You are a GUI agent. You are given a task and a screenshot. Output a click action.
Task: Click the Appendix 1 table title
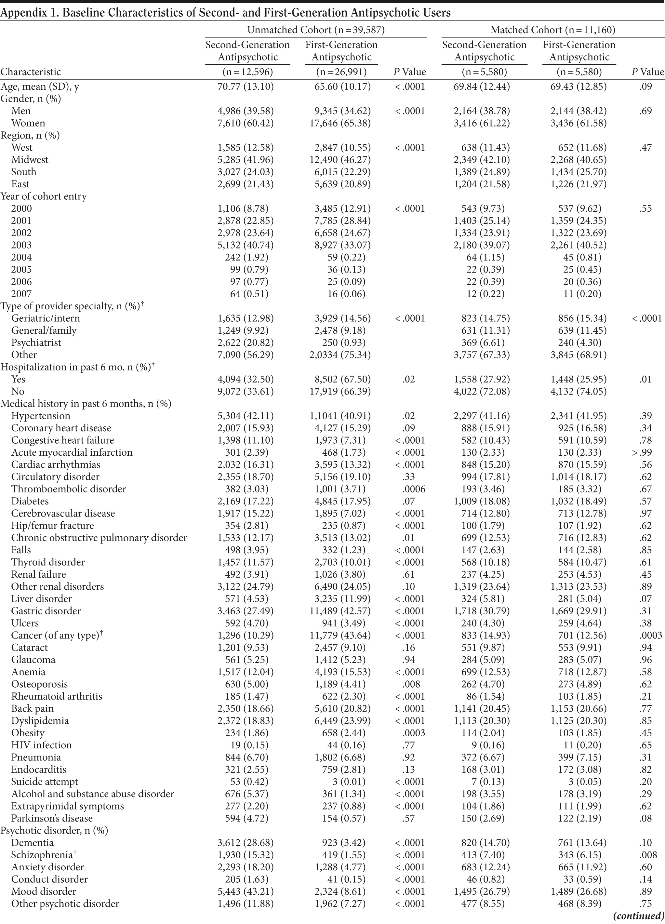[226, 13]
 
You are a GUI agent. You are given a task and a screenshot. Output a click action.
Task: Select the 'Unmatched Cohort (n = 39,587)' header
[316, 30]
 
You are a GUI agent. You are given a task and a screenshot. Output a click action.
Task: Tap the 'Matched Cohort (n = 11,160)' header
[552, 30]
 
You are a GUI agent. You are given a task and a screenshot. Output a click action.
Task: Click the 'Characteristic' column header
[31, 72]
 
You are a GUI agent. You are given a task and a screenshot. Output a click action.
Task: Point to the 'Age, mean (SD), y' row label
[39, 87]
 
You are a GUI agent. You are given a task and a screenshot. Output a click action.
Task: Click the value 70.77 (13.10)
[246, 87]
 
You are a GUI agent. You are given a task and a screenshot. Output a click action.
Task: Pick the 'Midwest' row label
[30, 160]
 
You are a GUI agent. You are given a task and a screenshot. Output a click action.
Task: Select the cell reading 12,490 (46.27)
[340, 160]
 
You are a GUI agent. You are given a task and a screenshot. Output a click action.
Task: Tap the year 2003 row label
[21, 245]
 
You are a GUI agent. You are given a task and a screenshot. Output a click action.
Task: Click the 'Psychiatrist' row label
[36, 342]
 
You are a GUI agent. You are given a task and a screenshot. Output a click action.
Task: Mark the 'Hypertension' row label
[41, 416]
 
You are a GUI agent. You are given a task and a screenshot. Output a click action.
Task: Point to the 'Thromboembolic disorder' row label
[68, 489]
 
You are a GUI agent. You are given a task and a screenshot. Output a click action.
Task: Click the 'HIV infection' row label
[42, 745]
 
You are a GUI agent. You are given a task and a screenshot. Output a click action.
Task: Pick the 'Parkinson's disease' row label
[52, 818]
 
